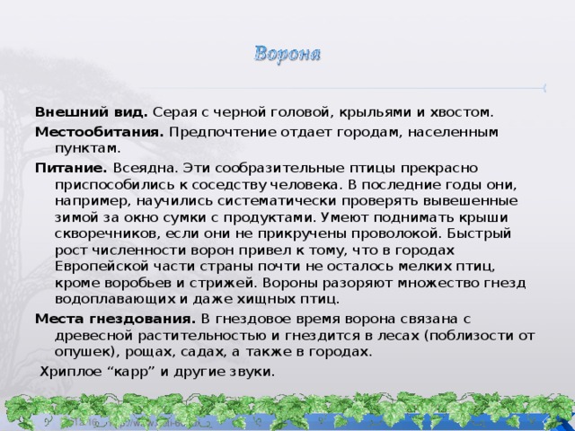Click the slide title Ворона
(x=289, y=52)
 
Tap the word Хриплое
(x=67, y=372)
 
